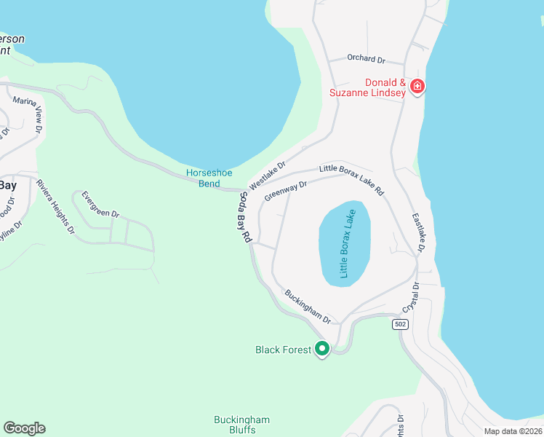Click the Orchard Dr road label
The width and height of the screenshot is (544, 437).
(366, 58)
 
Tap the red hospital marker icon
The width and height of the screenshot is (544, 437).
(417, 87)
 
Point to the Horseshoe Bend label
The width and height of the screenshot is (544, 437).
(209, 178)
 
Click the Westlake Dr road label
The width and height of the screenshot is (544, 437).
(269, 175)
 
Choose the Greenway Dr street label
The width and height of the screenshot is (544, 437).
(286, 191)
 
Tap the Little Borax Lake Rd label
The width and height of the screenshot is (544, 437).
(351, 179)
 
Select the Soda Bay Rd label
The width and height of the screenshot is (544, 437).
(245, 217)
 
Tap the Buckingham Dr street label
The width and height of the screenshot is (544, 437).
(308, 307)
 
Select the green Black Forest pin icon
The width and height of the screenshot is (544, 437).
(322, 349)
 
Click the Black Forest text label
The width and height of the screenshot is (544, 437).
(283, 350)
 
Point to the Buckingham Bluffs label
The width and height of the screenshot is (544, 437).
(241, 425)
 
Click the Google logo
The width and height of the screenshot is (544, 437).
(24, 428)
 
